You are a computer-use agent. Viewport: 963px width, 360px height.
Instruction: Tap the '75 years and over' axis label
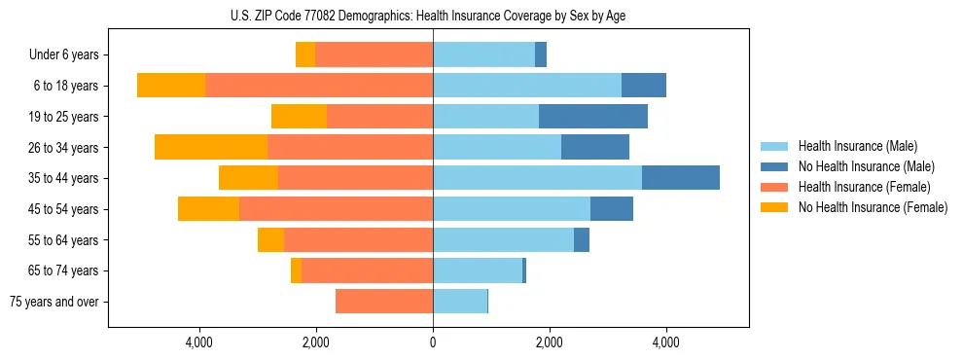54,302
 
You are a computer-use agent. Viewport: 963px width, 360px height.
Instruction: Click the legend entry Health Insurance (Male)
857,146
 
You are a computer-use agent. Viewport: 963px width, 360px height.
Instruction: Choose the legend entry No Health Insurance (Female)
873,207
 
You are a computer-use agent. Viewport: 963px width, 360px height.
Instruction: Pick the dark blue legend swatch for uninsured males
774,166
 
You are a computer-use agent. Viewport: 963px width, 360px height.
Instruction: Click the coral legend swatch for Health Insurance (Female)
774,187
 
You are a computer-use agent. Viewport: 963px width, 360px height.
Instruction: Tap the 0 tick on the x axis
433,342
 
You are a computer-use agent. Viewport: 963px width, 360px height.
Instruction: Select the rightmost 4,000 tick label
665,342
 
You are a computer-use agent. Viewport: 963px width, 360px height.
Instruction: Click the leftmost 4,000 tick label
199,342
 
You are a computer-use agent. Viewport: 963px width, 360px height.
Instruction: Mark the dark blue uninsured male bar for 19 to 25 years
592,117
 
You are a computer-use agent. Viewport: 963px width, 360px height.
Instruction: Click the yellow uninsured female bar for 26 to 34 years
211,147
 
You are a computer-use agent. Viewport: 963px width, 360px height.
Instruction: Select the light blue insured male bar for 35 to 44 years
537,178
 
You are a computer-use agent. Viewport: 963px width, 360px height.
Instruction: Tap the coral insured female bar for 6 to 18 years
319,86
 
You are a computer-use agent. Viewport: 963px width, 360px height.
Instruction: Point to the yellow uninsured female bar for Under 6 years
305,55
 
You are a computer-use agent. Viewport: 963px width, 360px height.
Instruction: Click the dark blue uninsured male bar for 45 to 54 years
611,209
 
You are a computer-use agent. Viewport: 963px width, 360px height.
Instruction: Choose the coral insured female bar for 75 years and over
384,302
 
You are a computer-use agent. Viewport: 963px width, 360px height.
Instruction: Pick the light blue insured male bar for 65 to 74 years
478,270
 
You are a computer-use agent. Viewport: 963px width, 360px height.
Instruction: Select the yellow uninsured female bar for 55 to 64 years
270,239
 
